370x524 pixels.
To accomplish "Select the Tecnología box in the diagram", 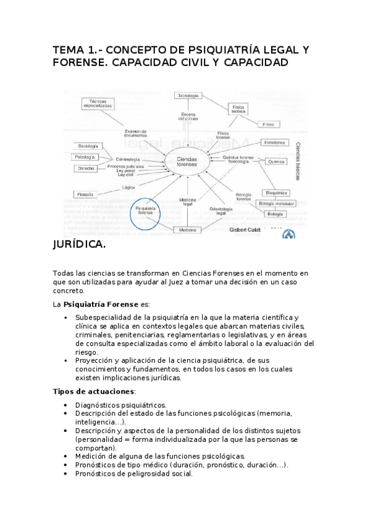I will tap(188, 96).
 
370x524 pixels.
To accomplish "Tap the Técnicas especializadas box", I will tap(98, 103).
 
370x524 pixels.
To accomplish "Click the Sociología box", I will tap(87, 146).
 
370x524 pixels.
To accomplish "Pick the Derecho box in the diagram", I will tap(86, 168).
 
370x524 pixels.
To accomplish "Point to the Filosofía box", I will tap(86, 194).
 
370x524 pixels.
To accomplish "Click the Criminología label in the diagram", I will tap(127, 159).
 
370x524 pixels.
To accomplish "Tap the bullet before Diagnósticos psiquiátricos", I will tap(66, 404).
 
